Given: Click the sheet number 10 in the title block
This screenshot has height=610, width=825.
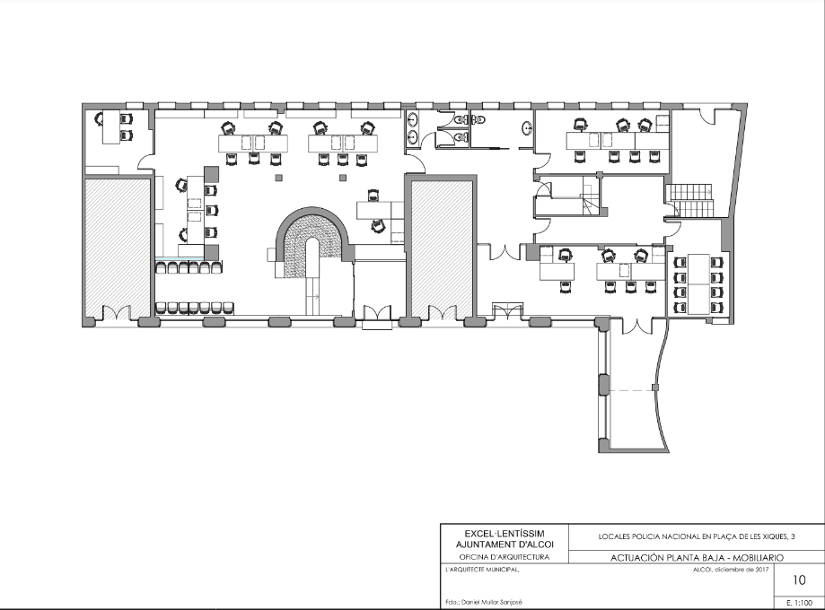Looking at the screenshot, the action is pyautogui.click(x=799, y=580).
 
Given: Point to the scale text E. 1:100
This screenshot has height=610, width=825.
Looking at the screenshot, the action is pyautogui.click(x=799, y=603).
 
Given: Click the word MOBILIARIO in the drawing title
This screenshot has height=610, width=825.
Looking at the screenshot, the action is pyautogui.click(x=759, y=558).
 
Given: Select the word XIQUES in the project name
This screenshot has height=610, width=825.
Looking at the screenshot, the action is pyautogui.click(x=772, y=537).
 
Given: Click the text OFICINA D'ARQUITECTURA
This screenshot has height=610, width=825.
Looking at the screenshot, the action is pyautogui.click(x=504, y=557).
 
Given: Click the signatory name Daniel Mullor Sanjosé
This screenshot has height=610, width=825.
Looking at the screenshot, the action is pyautogui.click(x=491, y=603).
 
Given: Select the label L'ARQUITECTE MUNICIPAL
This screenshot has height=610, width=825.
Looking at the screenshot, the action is pyautogui.click(x=482, y=570).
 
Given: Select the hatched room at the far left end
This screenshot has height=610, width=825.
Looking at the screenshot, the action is pyautogui.click(x=118, y=249).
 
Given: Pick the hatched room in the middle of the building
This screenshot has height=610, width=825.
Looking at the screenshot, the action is pyautogui.click(x=442, y=249).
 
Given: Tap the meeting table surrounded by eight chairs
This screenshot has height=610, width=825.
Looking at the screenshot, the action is pyautogui.click(x=698, y=284).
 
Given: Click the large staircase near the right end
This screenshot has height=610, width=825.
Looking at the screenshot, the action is pyautogui.click(x=689, y=200).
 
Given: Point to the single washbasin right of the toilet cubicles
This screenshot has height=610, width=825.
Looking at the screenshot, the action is pyautogui.click(x=528, y=127).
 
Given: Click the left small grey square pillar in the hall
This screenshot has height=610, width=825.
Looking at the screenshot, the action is pyautogui.click(x=278, y=178).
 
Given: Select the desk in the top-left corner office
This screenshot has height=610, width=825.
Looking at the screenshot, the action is pyautogui.click(x=110, y=126).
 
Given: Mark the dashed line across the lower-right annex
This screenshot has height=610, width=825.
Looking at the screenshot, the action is pyautogui.click(x=631, y=390).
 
